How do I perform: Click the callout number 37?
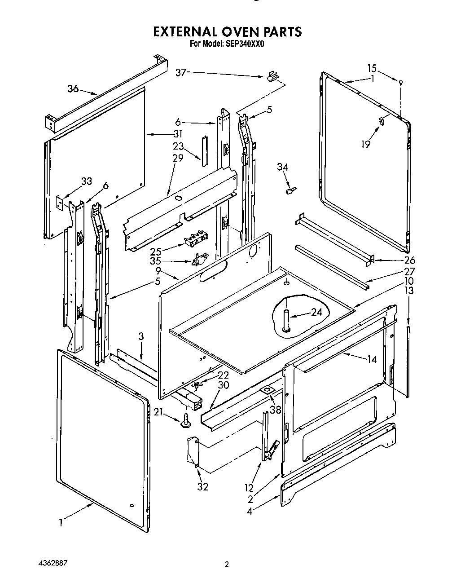pyautogui.click(x=181, y=73)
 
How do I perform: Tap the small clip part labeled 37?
pyautogui.click(x=271, y=77)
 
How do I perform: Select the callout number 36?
pyautogui.click(x=73, y=88)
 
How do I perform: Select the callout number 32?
pyautogui.click(x=202, y=486)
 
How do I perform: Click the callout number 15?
pyautogui.click(x=372, y=68)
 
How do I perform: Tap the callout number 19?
pyautogui.click(x=366, y=144)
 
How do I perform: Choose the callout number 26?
pyautogui.click(x=410, y=260)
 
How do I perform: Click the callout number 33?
pyautogui.click(x=86, y=181)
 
